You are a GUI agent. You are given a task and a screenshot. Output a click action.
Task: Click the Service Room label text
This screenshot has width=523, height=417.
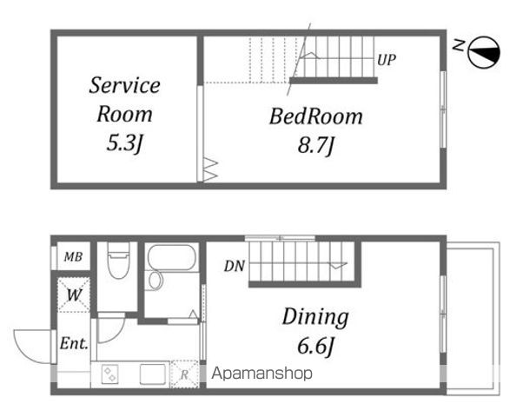pos(124,99)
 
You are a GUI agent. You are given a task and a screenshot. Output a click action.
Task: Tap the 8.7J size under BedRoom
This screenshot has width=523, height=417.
pos(315,145)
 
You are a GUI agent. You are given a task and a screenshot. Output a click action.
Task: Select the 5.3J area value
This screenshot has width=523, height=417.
pos(124,143)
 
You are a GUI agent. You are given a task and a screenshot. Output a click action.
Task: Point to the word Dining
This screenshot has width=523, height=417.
pos(315,317)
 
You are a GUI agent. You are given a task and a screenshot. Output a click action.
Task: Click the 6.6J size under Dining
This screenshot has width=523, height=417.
pos(315,346)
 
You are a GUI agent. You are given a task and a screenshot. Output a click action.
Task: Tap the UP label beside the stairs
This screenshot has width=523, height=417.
pos(387,60)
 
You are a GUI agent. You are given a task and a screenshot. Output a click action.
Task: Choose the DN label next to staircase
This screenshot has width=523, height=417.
pos(235,266)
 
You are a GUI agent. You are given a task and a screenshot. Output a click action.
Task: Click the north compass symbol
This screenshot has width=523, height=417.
pos(484,52)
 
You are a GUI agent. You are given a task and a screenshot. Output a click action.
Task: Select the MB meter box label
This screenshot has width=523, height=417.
pos(73,256)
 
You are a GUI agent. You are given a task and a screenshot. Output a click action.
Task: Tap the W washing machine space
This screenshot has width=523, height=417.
pos(74,295)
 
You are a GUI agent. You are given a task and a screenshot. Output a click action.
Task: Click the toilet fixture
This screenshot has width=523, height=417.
pos(118,261)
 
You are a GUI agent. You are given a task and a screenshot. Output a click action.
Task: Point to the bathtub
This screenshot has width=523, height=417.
pos(171,257)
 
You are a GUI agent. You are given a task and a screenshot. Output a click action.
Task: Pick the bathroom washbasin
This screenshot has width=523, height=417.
pos(156,281)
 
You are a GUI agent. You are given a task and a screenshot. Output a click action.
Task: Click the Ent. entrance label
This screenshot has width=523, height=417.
pos(74,343)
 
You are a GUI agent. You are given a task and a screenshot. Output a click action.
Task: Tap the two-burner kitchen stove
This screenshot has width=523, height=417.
pos(110,374)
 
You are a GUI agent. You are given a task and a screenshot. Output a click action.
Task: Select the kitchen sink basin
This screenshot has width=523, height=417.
pos(153,374)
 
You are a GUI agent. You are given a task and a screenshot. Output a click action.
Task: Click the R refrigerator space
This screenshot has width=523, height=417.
pos(184,374)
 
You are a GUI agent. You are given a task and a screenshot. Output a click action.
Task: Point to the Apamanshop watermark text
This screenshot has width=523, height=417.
pos(262,374)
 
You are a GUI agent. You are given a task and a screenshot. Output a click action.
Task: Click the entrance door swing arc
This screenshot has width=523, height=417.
pos(27,350)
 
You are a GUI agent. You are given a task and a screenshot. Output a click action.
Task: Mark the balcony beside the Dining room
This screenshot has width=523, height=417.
pos(473,318)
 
